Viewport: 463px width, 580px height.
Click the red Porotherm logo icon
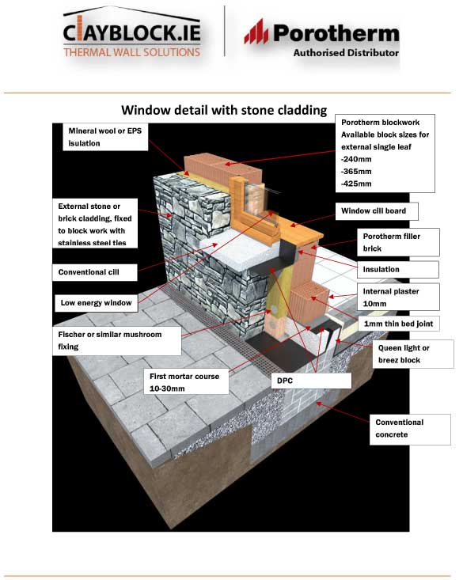point(257,32)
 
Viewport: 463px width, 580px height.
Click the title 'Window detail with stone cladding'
point(223,109)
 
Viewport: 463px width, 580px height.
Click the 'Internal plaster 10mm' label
point(396,297)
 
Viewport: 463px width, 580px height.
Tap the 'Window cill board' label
point(377,211)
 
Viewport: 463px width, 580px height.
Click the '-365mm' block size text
point(354,169)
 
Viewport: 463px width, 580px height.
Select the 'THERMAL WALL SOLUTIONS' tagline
point(132,52)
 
